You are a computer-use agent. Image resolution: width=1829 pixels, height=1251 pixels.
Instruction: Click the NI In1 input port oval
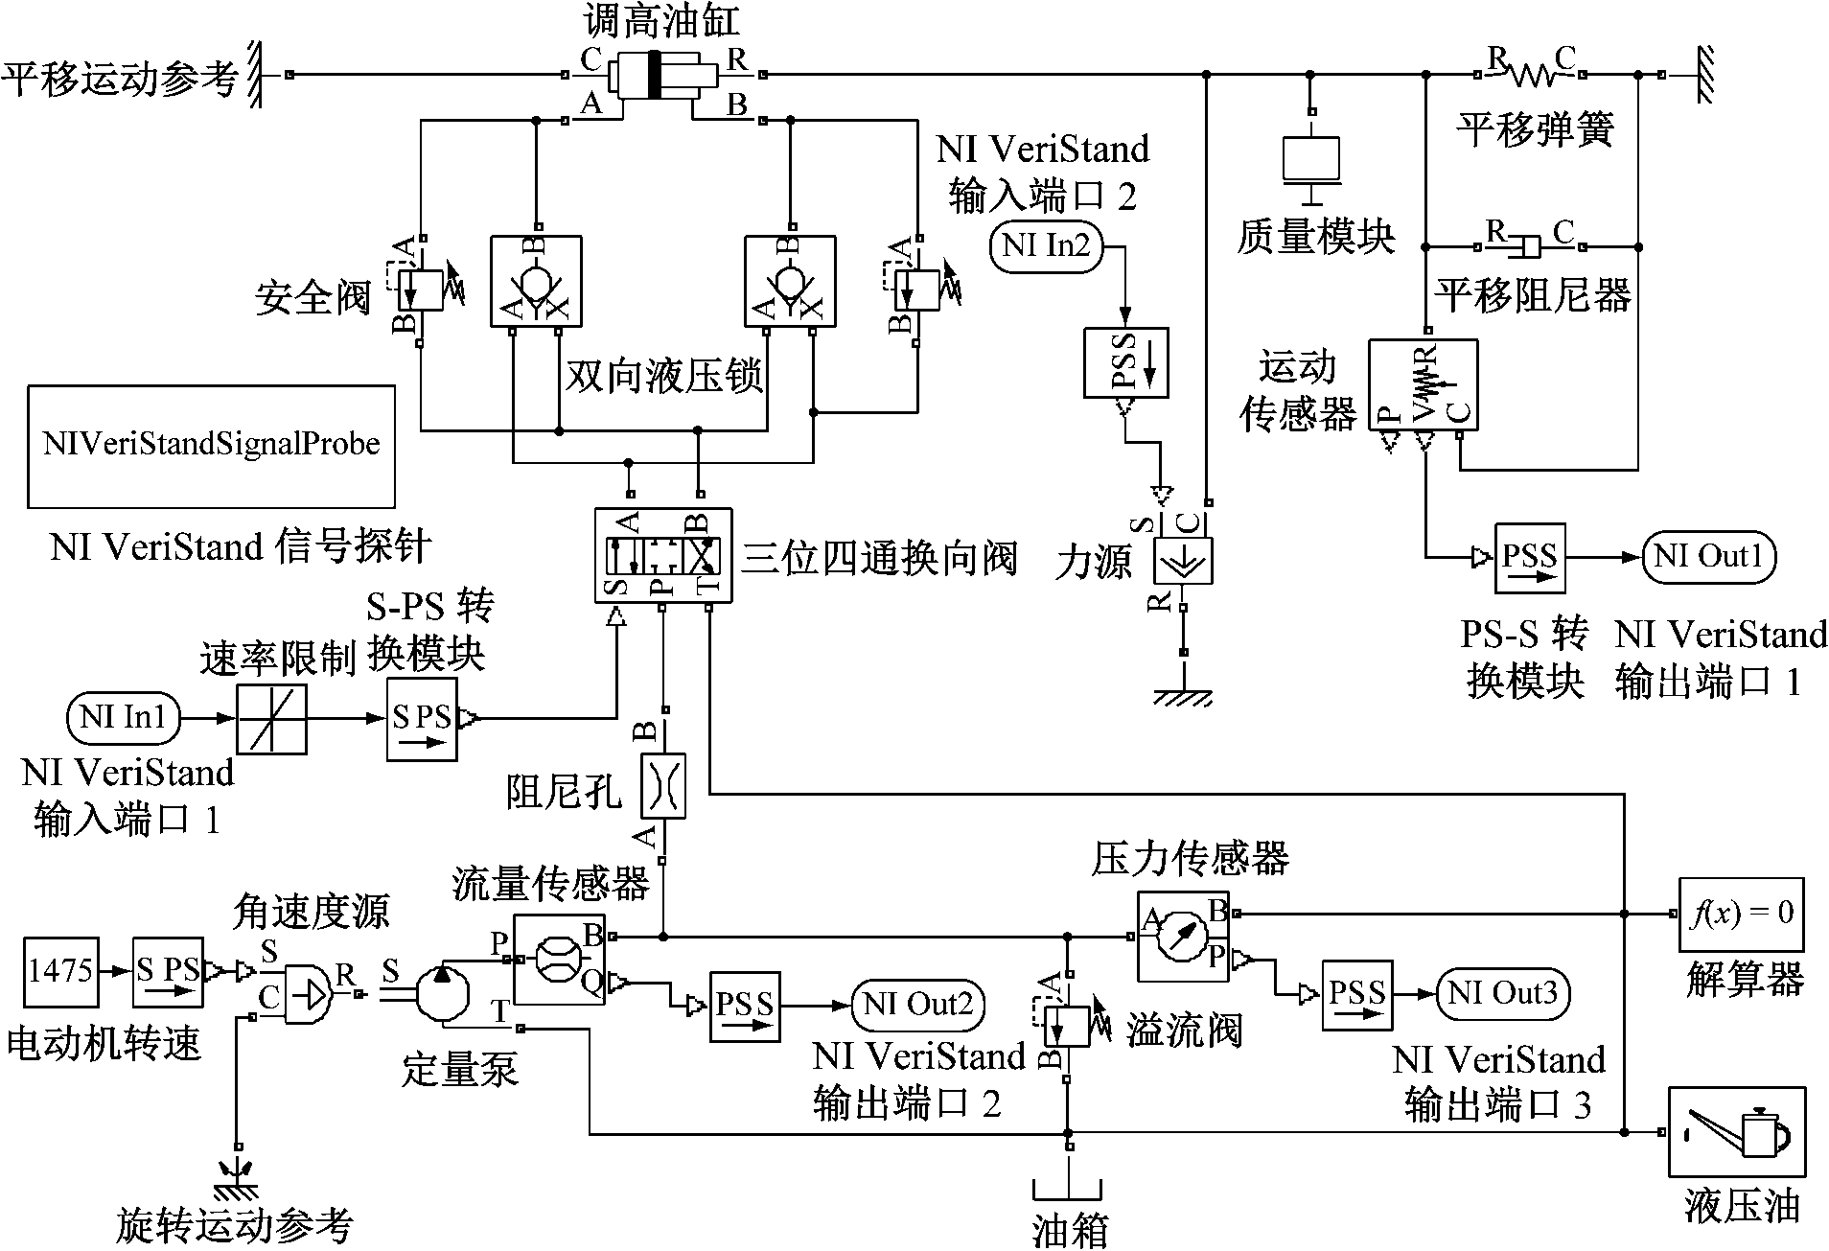click(124, 718)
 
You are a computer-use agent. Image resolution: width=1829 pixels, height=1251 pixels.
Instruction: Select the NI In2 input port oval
click(1046, 246)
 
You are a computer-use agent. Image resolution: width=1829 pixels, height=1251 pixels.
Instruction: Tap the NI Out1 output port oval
click(1708, 557)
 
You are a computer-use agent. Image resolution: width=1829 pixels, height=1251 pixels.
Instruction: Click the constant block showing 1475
click(59, 971)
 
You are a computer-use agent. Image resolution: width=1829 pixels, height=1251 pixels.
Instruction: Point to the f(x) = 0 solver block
click(1741, 913)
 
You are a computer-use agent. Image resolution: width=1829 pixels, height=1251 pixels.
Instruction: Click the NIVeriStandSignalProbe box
click(211, 446)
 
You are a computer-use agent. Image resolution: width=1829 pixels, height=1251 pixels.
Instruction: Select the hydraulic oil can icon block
click(1736, 1131)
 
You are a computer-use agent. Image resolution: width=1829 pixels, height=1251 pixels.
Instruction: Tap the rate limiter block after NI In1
click(271, 718)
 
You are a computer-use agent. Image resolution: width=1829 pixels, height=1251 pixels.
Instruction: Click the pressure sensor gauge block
click(1183, 936)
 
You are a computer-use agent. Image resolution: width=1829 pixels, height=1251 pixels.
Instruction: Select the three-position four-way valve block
click(662, 555)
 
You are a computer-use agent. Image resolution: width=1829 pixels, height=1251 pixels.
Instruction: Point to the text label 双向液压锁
click(663, 377)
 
